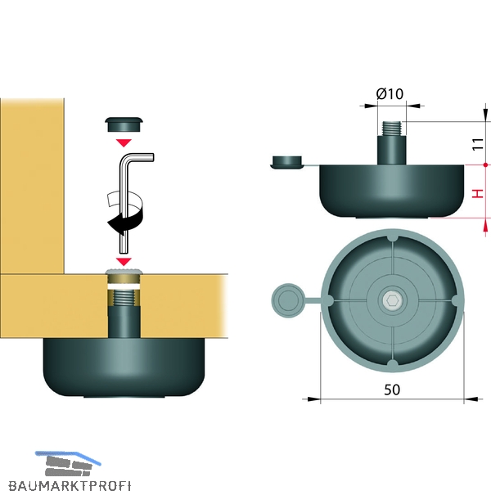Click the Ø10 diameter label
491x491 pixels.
click(390, 93)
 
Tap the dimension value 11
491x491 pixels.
click(478, 144)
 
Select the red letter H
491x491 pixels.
click(478, 193)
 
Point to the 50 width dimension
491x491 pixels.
click(392, 390)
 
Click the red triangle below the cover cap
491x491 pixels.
click(124, 142)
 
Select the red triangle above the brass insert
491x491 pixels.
click(124, 262)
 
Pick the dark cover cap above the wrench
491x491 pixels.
click(124, 124)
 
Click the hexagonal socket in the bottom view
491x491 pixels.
click(392, 300)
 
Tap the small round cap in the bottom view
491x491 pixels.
click(288, 300)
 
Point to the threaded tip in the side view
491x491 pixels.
click(392, 128)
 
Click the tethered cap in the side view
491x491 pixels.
click(287, 162)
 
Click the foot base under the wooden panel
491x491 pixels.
click(124, 367)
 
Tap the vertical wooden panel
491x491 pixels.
click(32, 186)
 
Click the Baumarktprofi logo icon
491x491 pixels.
click(68, 463)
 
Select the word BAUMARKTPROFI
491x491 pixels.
click(70, 484)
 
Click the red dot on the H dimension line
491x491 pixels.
click(485, 164)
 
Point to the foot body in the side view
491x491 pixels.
click(392, 191)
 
